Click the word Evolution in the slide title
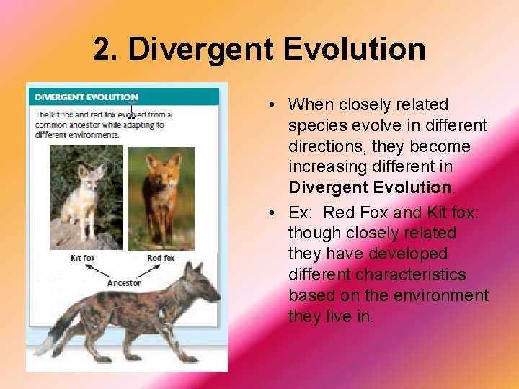[x=354, y=50]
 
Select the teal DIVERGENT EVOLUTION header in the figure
[x=86, y=97]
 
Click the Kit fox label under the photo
[x=84, y=258]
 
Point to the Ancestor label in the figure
[x=123, y=283]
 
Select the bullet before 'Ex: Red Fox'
[x=268, y=213]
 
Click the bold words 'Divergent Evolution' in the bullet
[x=369, y=187]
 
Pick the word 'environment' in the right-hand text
[x=445, y=295]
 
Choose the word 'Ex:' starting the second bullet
[x=301, y=213]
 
